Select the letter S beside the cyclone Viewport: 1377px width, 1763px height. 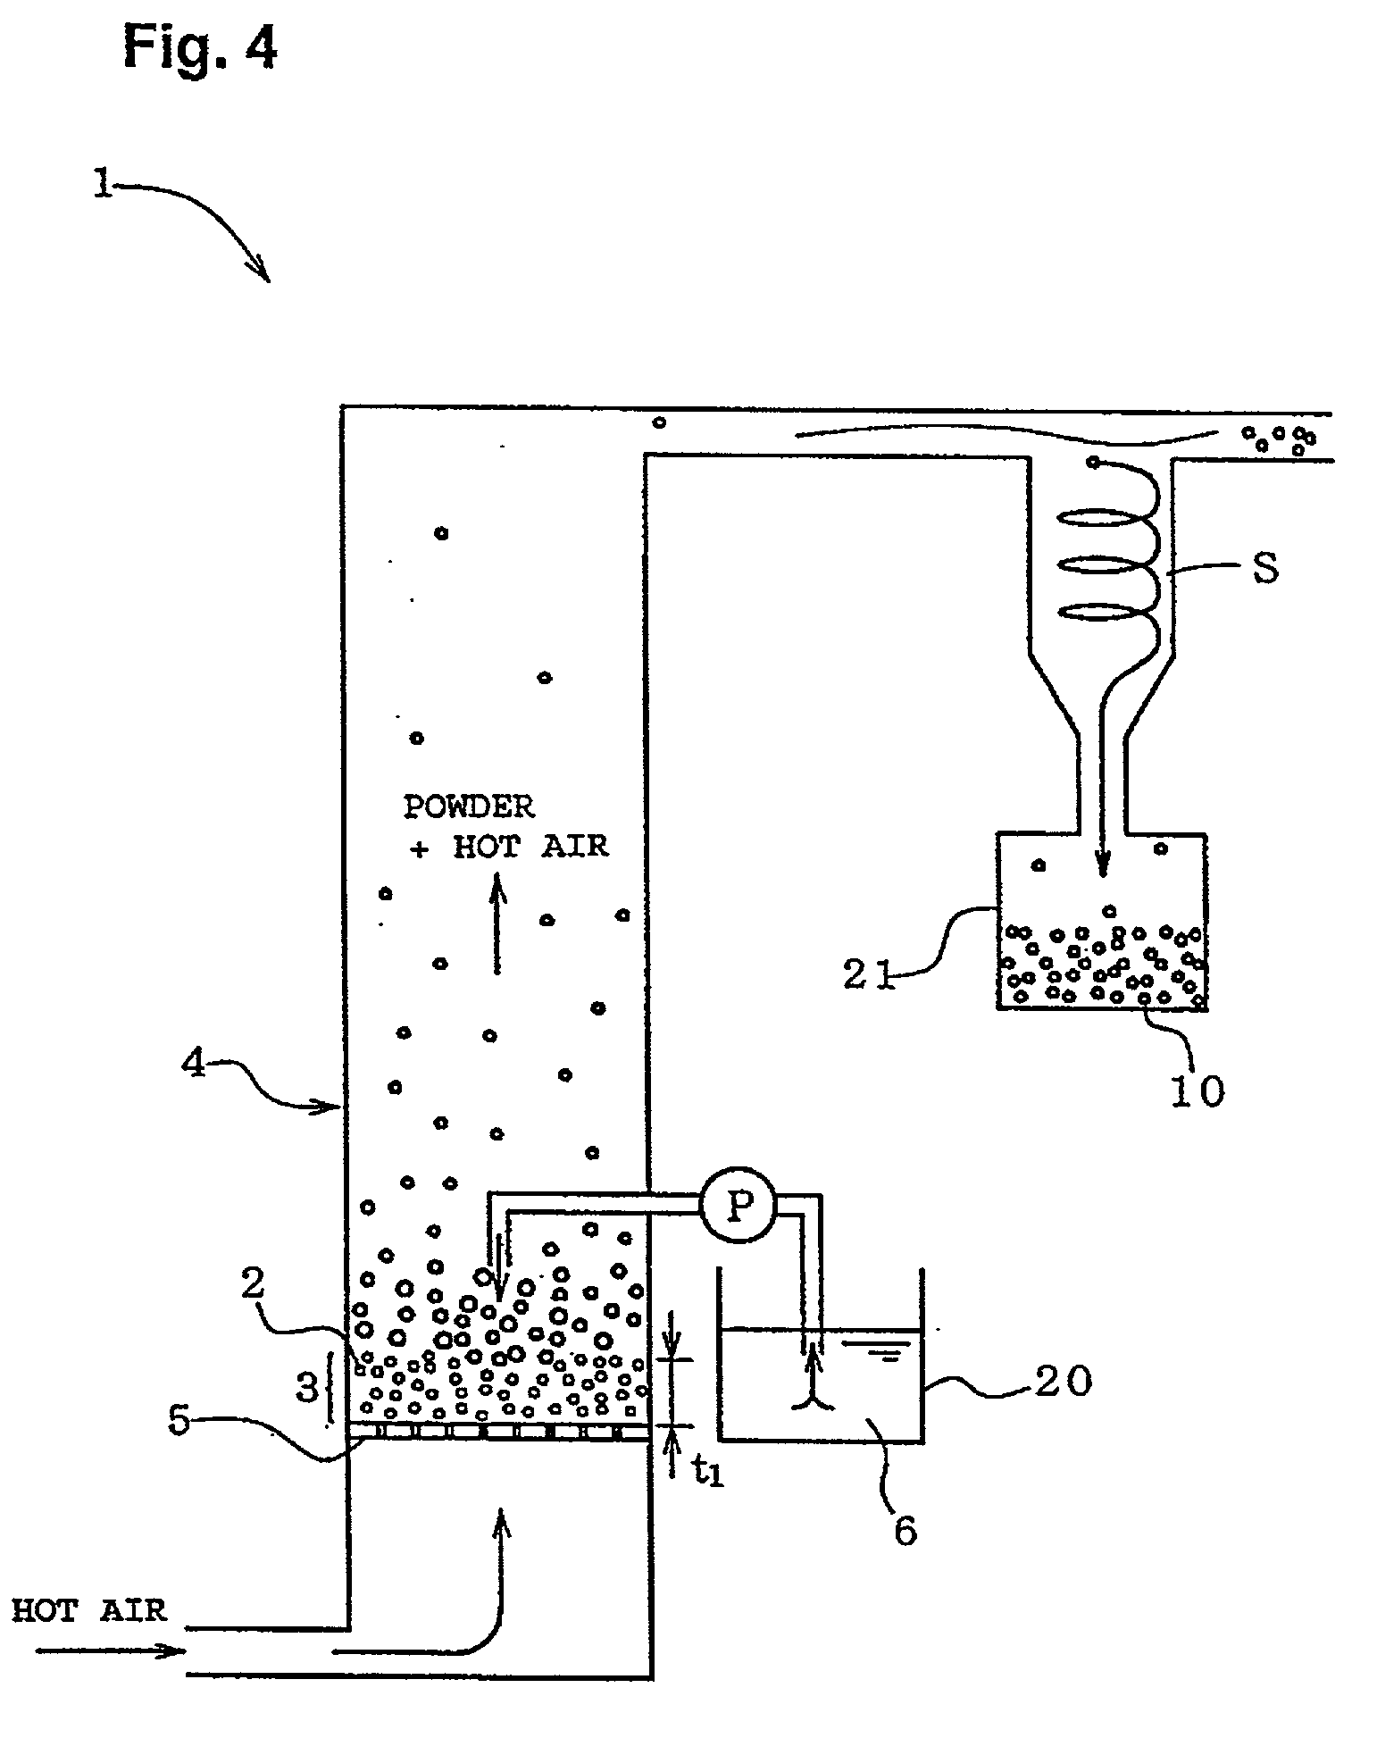(x=1265, y=568)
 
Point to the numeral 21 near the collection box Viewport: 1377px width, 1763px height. (x=868, y=973)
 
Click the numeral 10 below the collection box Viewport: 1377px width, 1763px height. (x=1198, y=1089)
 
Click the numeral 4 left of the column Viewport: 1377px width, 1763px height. (x=194, y=1065)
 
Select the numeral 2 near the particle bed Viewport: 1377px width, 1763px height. (x=253, y=1283)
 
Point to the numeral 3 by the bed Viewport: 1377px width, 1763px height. (x=306, y=1387)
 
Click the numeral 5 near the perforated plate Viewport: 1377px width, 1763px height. (x=179, y=1420)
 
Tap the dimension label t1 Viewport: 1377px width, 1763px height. (x=708, y=1471)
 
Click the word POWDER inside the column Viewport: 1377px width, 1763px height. (x=469, y=806)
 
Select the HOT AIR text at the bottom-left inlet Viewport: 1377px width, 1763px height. (x=89, y=1609)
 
